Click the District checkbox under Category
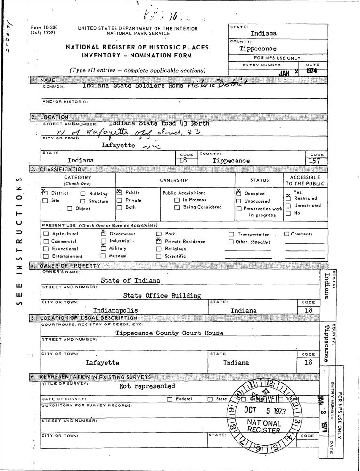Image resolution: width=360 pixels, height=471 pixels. point(45,193)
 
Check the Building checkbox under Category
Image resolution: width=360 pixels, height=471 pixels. point(82,194)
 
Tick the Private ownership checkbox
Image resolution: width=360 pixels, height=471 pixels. point(119,200)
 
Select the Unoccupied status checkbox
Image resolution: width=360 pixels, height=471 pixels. point(238,201)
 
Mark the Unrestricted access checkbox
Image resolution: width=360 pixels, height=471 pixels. point(288,206)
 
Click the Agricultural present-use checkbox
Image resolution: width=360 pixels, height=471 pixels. point(45,234)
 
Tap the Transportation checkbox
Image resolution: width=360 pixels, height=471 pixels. point(231,235)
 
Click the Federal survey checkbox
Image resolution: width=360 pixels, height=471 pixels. point(170,399)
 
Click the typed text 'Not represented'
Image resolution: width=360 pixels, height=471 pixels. point(147,386)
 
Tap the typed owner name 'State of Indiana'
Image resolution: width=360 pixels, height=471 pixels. point(131,280)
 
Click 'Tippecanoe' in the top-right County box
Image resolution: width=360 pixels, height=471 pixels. point(258,49)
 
